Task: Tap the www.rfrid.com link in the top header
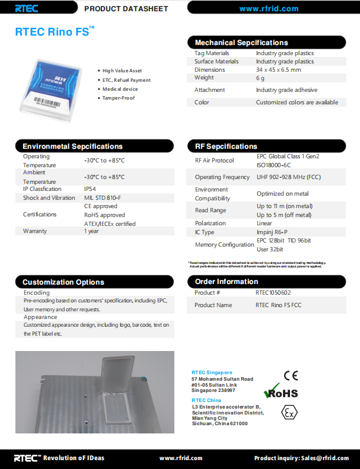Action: click(x=269, y=8)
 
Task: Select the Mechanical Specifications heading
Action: click(x=241, y=43)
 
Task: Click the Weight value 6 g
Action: click(x=260, y=78)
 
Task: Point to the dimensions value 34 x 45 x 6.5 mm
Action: click(x=278, y=69)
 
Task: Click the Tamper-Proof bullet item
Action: click(x=119, y=98)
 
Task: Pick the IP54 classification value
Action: click(x=90, y=189)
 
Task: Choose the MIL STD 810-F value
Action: click(x=103, y=197)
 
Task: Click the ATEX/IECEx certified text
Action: click(x=110, y=224)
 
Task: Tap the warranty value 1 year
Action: click(x=91, y=231)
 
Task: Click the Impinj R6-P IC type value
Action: click(x=273, y=232)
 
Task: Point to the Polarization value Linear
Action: click(x=264, y=223)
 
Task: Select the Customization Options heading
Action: click(x=63, y=282)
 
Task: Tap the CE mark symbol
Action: click(x=291, y=375)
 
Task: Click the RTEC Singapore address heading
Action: click(x=212, y=372)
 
